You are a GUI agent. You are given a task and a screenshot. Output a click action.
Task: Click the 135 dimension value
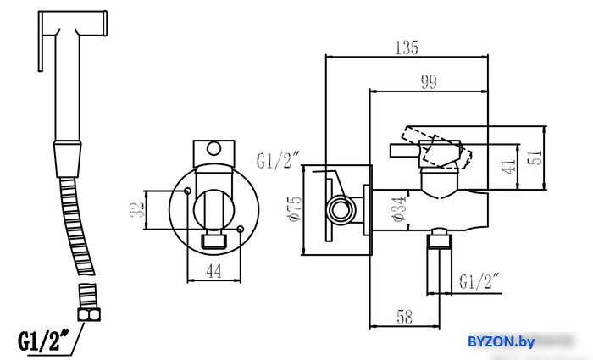click(x=407, y=47)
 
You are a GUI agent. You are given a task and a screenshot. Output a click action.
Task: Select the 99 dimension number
click(x=429, y=81)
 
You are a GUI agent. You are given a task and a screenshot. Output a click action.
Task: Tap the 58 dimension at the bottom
click(x=404, y=317)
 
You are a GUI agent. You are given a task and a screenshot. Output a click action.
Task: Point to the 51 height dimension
click(x=535, y=158)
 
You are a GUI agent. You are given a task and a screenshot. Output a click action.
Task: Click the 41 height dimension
click(x=508, y=166)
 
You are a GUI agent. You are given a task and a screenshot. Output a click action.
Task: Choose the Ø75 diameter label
click(x=295, y=208)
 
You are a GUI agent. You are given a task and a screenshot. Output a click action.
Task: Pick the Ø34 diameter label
click(x=398, y=209)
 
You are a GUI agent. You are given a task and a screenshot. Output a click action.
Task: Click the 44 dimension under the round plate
click(x=214, y=271)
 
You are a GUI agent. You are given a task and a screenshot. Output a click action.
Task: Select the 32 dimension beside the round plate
click(x=137, y=209)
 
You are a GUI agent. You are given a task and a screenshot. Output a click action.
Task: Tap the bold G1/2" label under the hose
click(x=44, y=341)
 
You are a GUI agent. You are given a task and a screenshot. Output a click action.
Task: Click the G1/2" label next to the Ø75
click(x=278, y=160)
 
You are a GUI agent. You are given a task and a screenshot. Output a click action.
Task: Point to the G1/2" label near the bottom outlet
click(x=479, y=282)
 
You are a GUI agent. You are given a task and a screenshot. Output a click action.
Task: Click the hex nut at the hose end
click(x=89, y=314)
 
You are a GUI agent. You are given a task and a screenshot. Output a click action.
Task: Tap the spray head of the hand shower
click(x=74, y=24)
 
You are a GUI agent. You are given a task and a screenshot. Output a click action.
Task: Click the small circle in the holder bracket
click(x=213, y=148)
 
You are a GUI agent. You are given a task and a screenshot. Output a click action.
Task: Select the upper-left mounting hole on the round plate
click(x=187, y=191)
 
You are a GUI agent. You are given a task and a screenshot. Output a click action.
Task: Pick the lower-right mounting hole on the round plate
click(x=240, y=229)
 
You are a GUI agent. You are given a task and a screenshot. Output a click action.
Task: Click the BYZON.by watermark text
click(x=502, y=341)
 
